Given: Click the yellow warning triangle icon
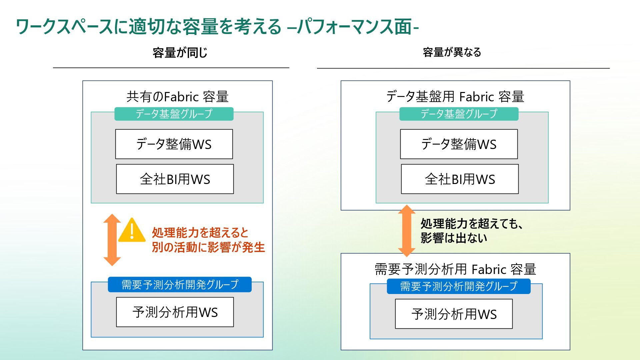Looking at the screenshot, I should click(132, 231).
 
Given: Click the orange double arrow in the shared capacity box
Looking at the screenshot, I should click(112, 240).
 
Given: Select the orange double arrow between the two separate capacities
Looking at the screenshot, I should click(407, 231).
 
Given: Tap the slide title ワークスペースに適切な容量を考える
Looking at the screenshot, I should click(149, 27).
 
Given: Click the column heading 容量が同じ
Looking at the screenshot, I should click(180, 53).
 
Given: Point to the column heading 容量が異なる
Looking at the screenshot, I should click(452, 52).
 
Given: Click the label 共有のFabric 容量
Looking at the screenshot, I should click(177, 97).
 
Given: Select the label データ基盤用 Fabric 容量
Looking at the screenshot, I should click(455, 97).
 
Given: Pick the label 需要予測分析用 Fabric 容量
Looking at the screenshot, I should click(455, 269).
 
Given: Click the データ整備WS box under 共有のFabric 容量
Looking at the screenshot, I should click(174, 144).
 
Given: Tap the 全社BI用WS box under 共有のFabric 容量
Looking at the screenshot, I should click(175, 179).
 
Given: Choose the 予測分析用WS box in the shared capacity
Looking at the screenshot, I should click(175, 312).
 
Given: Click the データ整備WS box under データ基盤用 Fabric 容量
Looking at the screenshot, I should click(459, 144).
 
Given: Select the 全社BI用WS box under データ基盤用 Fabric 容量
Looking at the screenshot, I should click(460, 179).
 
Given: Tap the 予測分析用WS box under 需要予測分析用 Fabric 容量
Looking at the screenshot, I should click(454, 314).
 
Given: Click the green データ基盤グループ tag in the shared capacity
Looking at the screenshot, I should click(174, 114).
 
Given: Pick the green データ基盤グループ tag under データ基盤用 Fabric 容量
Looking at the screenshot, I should click(459, 114).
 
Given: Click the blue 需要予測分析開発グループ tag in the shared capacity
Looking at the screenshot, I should click(180, 285).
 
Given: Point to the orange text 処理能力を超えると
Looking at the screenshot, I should click(200, 232).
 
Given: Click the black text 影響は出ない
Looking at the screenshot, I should click(454, 238).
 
